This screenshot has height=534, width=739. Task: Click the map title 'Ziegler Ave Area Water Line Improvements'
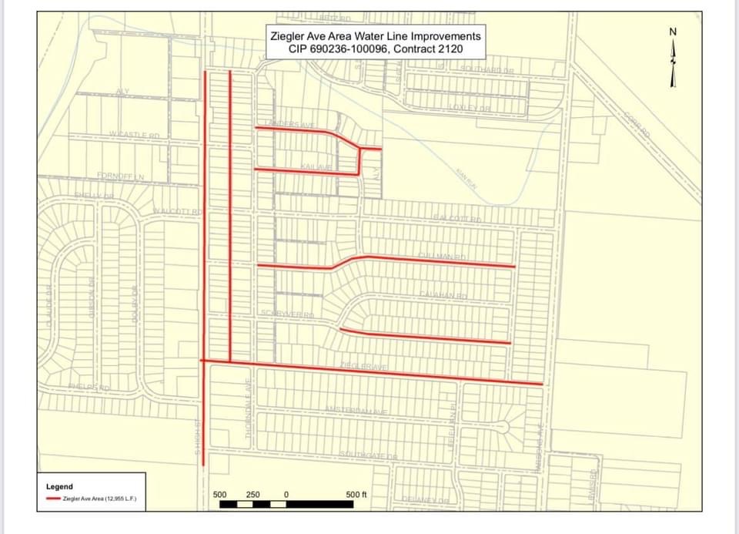coord(375,36)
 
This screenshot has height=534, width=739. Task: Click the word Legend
coord(59,486)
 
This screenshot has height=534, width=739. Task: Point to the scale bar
coord(289,505)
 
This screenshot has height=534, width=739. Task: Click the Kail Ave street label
coord(315,166)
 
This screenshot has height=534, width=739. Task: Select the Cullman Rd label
coord(443,256)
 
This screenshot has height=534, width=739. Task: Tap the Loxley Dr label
coord(470,108)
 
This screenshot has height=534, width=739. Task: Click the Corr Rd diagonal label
coord(637,124)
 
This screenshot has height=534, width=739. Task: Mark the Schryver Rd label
coord(286,314)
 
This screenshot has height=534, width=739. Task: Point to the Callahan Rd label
coord(443,296)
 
